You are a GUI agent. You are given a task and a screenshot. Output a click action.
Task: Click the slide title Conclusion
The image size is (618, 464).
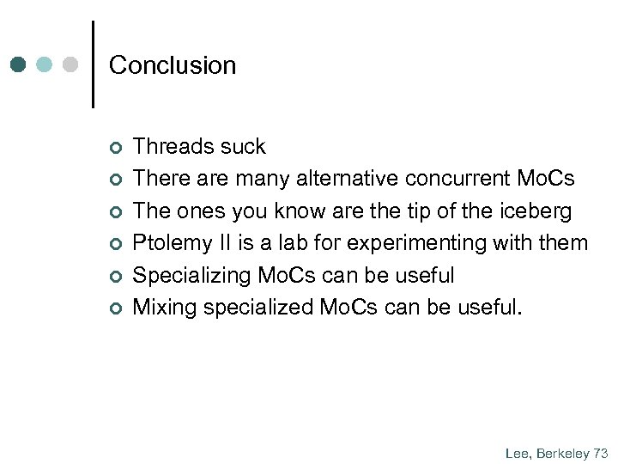(173, 65)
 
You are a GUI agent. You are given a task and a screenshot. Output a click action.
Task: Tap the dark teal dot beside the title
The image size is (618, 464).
(20, 65)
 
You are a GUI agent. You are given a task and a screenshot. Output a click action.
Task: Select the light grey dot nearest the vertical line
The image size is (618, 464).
(71, 65)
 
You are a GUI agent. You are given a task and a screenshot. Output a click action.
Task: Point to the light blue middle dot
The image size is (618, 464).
(45, 65)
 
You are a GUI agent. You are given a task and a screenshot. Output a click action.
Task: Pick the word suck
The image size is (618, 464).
(242, 147)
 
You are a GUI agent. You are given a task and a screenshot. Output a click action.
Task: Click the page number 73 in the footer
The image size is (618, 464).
(600, 453)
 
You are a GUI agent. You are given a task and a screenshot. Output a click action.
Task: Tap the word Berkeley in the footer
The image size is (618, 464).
(562, 453)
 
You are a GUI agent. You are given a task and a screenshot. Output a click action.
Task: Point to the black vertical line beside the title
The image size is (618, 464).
(93, 64)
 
